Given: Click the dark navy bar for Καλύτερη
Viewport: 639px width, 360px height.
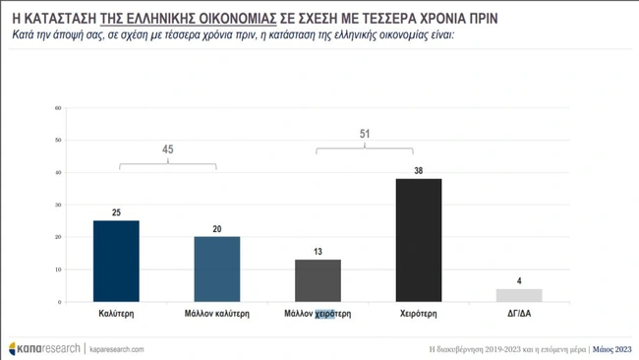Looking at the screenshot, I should (116, 261).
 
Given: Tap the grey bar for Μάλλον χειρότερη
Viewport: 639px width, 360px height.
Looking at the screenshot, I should (319, 280).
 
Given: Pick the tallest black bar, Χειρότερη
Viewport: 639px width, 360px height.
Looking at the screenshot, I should (419, 240).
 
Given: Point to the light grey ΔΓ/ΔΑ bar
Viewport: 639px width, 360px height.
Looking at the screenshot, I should (519, 294).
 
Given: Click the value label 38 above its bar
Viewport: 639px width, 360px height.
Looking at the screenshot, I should (419, 171).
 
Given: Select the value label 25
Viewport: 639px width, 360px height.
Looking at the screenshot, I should (116, 212).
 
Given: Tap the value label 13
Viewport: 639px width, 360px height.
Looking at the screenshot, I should (319, 252).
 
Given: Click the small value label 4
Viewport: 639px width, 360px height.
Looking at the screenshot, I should (519, 280).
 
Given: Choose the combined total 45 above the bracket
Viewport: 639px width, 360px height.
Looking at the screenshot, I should (167, 150).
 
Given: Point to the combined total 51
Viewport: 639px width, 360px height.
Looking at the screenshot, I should (365, 134).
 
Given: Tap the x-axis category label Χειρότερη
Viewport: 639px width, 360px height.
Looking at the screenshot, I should (419, 317).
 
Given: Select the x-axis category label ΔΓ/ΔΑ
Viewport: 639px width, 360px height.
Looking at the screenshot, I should (519, 317).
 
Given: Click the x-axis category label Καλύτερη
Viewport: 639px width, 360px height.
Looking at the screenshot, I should (116, 317).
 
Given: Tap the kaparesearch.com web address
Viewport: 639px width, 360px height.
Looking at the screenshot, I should (117, 348).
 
